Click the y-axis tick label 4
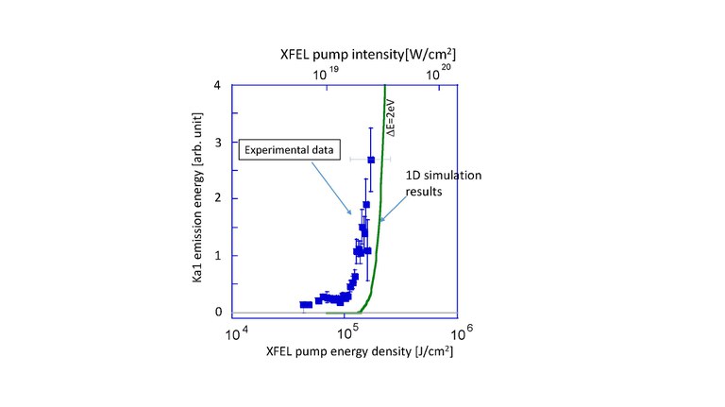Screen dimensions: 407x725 point(217,85)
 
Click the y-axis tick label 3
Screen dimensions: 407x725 point(217,142)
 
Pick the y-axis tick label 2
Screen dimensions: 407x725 point(217,198)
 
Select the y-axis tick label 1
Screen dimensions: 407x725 point(217,255)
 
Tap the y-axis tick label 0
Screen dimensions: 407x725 point(217,312)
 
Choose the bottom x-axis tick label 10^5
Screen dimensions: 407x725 point(348,332)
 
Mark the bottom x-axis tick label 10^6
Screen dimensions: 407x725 point(459,332)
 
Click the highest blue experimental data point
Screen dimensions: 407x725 point(371,160)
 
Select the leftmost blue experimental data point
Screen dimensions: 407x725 point(303,304)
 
